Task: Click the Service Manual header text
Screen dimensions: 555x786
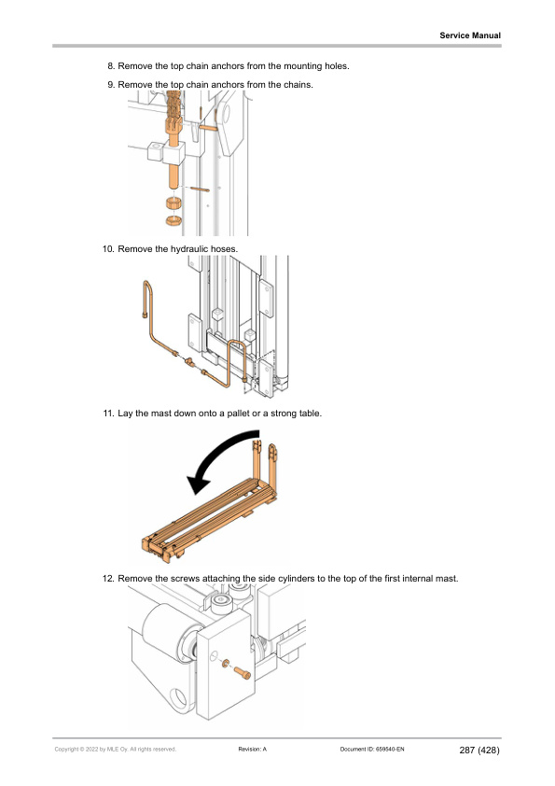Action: pos(470,35)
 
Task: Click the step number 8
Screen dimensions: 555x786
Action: pos(111,66)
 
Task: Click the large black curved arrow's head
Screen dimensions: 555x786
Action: pos(199,484)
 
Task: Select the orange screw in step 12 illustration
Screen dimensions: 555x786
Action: pos(242,672)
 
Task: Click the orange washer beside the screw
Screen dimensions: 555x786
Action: pos(225,664)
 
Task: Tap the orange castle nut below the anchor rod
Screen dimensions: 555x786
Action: pos(173,204)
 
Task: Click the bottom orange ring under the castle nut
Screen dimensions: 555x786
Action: pos(173,220)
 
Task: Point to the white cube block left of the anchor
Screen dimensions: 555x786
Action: pos(155,151)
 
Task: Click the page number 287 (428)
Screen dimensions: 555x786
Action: pos(479,750)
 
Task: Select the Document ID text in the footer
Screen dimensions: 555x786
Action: pos(372,750)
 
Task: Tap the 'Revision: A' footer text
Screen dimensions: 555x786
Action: pos(253,750)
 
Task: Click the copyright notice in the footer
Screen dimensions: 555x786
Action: pos(116,750)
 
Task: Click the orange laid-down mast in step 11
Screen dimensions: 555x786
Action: pos(211,516)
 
